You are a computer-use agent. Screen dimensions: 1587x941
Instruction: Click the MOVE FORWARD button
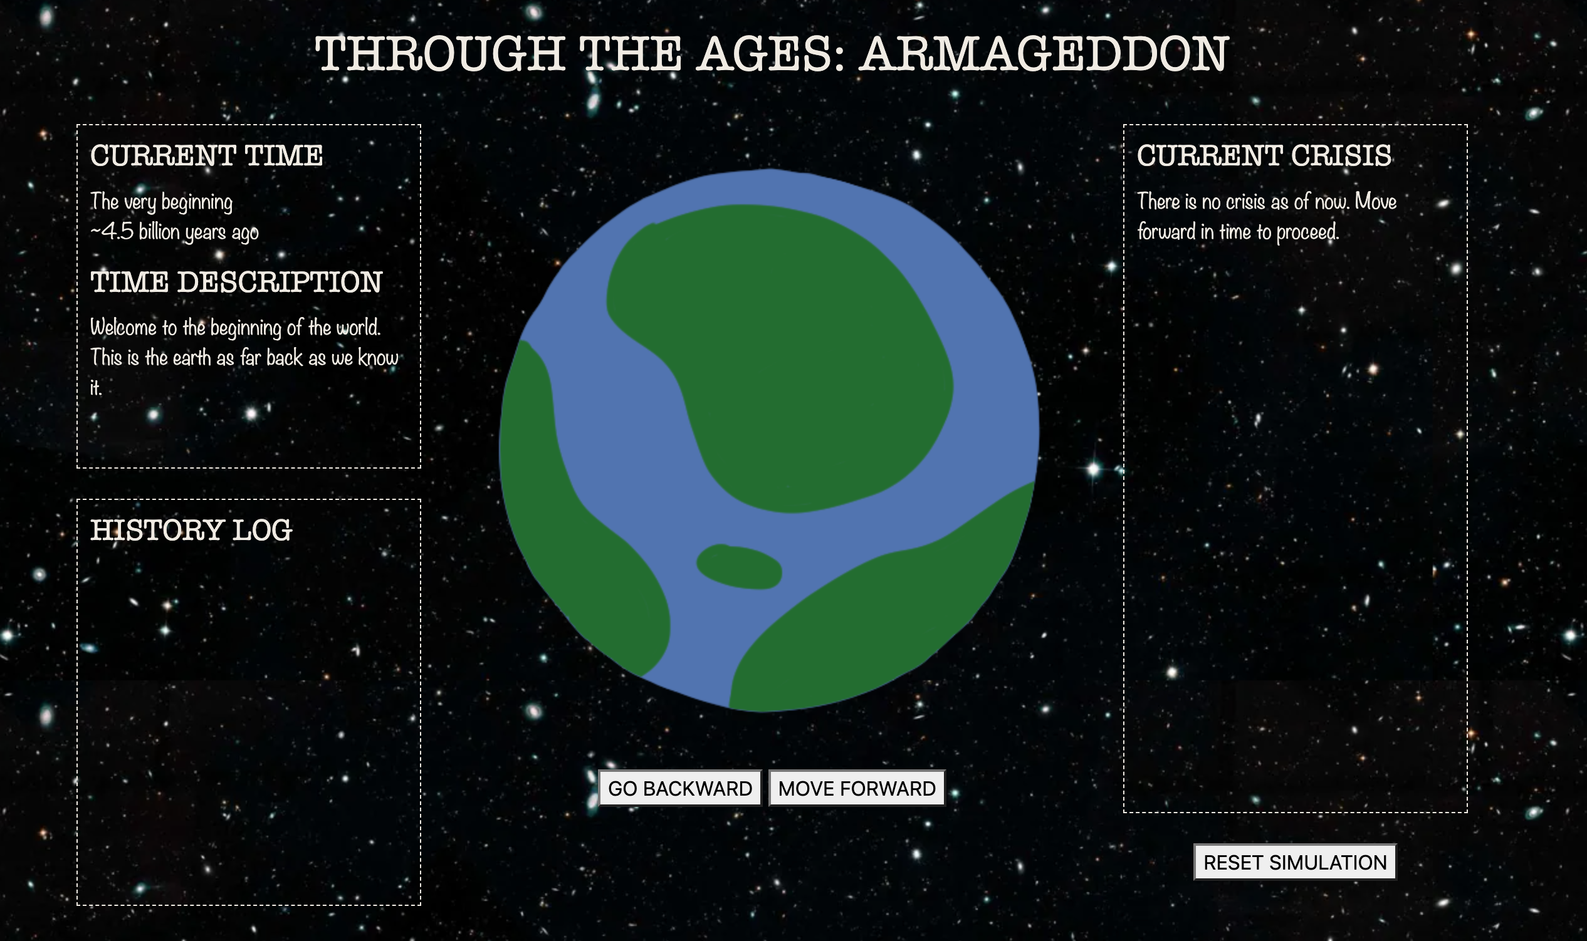(857, 788)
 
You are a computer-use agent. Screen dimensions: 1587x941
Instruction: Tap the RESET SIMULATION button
(1294, 861)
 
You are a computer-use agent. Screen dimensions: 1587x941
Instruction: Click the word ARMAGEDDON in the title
(1044, 54)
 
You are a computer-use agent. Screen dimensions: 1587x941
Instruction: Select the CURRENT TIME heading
(207, 156)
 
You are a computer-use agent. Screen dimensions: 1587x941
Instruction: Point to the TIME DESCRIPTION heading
(236, 282)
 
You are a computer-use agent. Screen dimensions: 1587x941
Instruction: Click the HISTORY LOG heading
(191, 530)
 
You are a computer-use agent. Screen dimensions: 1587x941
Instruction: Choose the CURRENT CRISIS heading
(1264, 156)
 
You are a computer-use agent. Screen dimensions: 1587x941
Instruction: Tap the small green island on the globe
(740, 566)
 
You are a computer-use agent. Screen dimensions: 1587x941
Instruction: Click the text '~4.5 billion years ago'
(174, 232)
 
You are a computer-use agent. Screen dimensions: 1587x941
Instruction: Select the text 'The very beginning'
(162, 202)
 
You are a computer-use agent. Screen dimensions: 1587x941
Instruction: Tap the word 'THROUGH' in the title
(440, 54)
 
